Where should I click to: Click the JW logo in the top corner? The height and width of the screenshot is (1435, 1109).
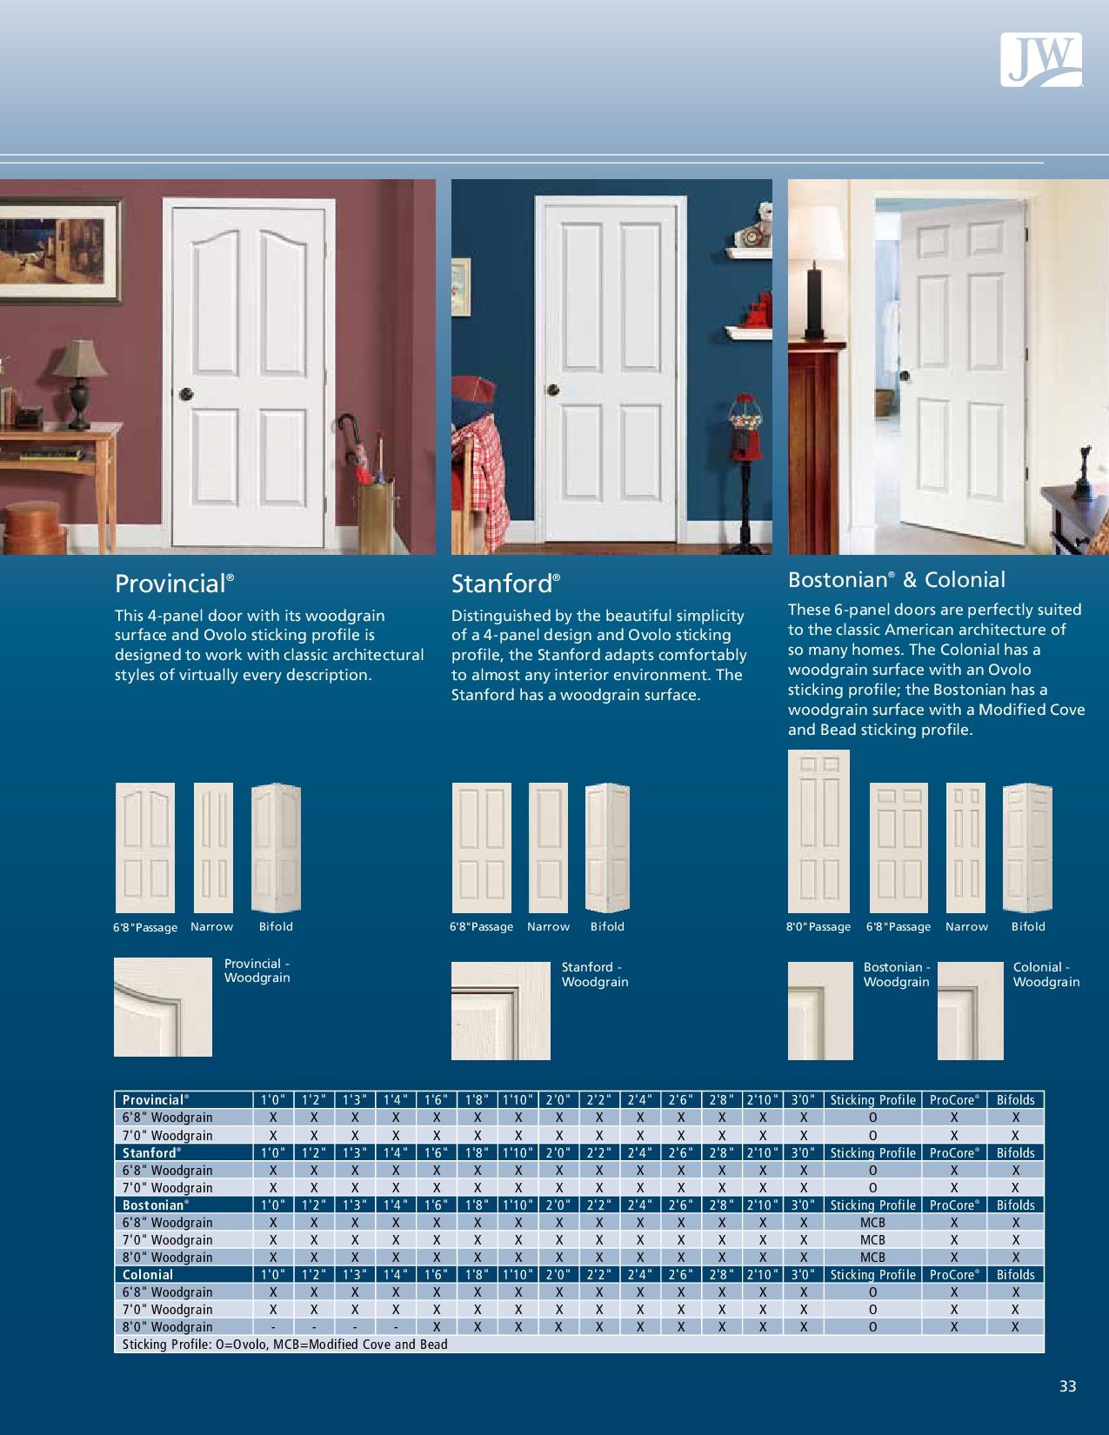click(x=1041, y=59)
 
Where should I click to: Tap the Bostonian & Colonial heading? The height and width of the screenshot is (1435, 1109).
click(x=896, y=580)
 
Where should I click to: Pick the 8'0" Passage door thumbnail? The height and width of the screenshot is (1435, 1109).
click(x=818, y=831)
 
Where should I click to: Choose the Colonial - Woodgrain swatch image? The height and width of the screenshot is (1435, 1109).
click(x=970, y=1011)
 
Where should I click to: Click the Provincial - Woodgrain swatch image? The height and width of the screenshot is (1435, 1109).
click(x=163, y=1006)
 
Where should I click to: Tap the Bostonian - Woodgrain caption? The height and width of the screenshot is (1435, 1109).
click(x=897, y=974)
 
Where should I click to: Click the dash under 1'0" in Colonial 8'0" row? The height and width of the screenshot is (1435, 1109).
click(x=273, y=1327)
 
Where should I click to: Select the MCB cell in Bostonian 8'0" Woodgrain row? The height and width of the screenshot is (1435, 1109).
click(x=872, y=1258)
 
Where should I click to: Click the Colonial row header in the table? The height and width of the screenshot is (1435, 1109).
click(x=148, y=1275)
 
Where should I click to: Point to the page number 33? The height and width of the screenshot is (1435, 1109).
click(x=1068, y=1386)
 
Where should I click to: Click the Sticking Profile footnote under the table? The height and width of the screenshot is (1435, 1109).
click(x=285, y=1345)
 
